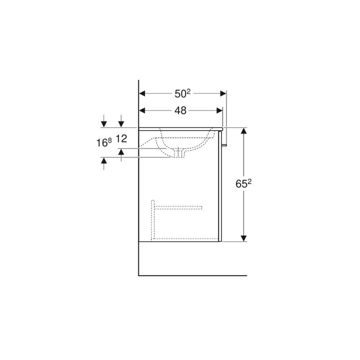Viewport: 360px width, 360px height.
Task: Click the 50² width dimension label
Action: [x=182, y=93]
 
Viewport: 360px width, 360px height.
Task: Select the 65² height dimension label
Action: [x=243, y=184]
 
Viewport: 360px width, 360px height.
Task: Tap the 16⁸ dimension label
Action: [x=103, y=142]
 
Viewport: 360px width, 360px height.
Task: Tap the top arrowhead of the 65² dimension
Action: [x=244, y=131]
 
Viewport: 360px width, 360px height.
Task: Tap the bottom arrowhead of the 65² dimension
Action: [x=244, y=237]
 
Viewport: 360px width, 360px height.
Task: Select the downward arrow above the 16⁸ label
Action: [x=103, y=122]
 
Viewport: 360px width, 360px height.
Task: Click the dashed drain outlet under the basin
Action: [x=179, y=152]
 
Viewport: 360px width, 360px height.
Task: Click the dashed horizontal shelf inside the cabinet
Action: [x=177, y=206]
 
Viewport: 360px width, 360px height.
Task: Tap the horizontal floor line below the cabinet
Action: [x=192, y=275]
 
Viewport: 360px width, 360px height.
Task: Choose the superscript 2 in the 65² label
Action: [x=248, y=180]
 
